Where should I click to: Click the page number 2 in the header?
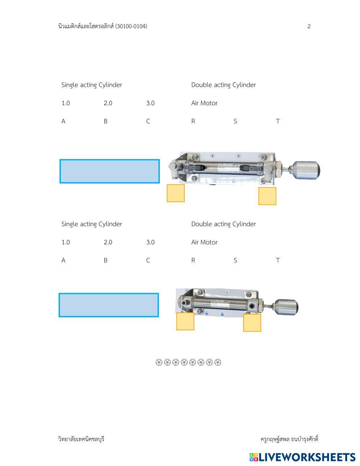(309, 26)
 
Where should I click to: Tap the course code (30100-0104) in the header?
(131, 26)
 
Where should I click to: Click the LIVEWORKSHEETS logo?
(302, 457)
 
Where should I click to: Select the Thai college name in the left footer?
(81, 439)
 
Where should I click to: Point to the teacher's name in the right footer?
(289, 439)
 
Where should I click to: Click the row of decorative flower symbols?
(188, 362)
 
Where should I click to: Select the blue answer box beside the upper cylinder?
(109, 171)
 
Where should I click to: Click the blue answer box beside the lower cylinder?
(109, 305)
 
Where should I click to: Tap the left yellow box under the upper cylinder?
(176, 193)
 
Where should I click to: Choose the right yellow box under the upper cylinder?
(267, 196)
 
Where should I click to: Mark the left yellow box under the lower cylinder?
(185, 321)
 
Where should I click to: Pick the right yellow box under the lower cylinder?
(252, 323)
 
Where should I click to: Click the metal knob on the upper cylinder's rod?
(306, 170)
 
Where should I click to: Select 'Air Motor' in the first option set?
(204, 103)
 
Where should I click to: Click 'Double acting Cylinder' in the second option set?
(223, 224)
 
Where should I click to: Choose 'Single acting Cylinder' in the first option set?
(91, 85)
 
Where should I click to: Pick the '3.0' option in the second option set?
(150, 242)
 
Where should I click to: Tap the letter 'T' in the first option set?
(278, 121)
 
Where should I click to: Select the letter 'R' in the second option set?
(193, 260)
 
